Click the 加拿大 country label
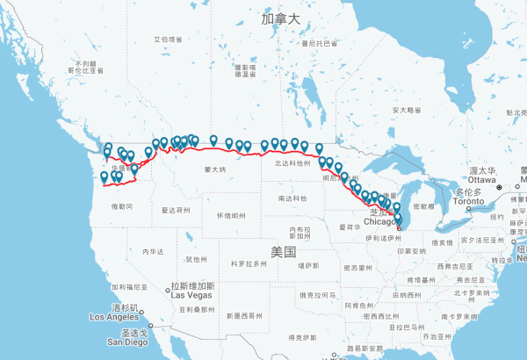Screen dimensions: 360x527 [x=281, y=18]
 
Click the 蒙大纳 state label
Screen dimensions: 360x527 [x=215, y=169]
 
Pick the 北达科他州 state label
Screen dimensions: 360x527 [x=292, y=162]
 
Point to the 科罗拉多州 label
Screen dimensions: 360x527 [x=247, y=263]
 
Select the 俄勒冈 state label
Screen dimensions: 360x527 [x=122, y=205]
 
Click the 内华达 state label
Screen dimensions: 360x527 [x=153, y=251]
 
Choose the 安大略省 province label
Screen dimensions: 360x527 [x=407, y=110]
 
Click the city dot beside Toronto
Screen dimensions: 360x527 [x=468, y=207]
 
